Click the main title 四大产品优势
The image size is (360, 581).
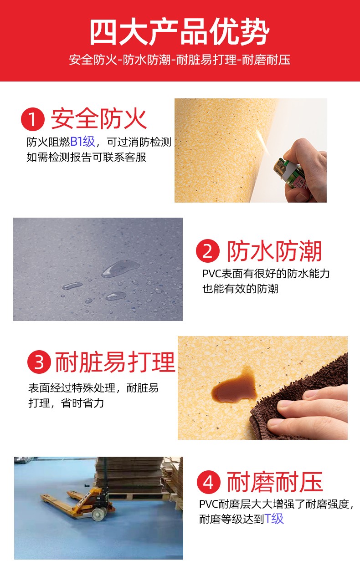coord(180,32)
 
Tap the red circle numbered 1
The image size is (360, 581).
coord(33,119)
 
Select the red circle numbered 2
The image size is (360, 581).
coord(208,251)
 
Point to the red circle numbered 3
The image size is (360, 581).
coord(39,362)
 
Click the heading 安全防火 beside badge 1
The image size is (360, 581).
coord(98,119)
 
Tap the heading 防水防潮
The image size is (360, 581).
coord(274,251)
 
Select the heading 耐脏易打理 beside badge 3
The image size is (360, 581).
coord(115,362)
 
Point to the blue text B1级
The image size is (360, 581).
coord(83,142)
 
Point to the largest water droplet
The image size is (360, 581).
coord(120,269)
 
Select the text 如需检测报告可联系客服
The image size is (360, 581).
coord(87,157)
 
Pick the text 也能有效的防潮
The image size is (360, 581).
coord(240,289)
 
